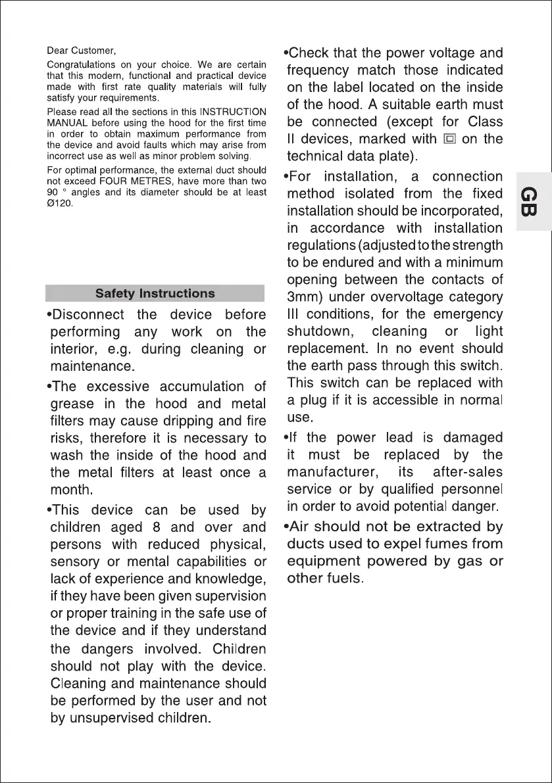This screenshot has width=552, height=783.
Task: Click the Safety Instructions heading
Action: (155, 293)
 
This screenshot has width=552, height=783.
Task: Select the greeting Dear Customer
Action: (82, 51)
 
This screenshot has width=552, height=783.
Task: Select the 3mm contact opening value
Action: (304, 297)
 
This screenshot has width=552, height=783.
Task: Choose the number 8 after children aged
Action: (154, 527)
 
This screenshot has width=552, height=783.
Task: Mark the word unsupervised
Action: (113, 719)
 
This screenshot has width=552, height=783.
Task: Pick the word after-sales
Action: (467, 472)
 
